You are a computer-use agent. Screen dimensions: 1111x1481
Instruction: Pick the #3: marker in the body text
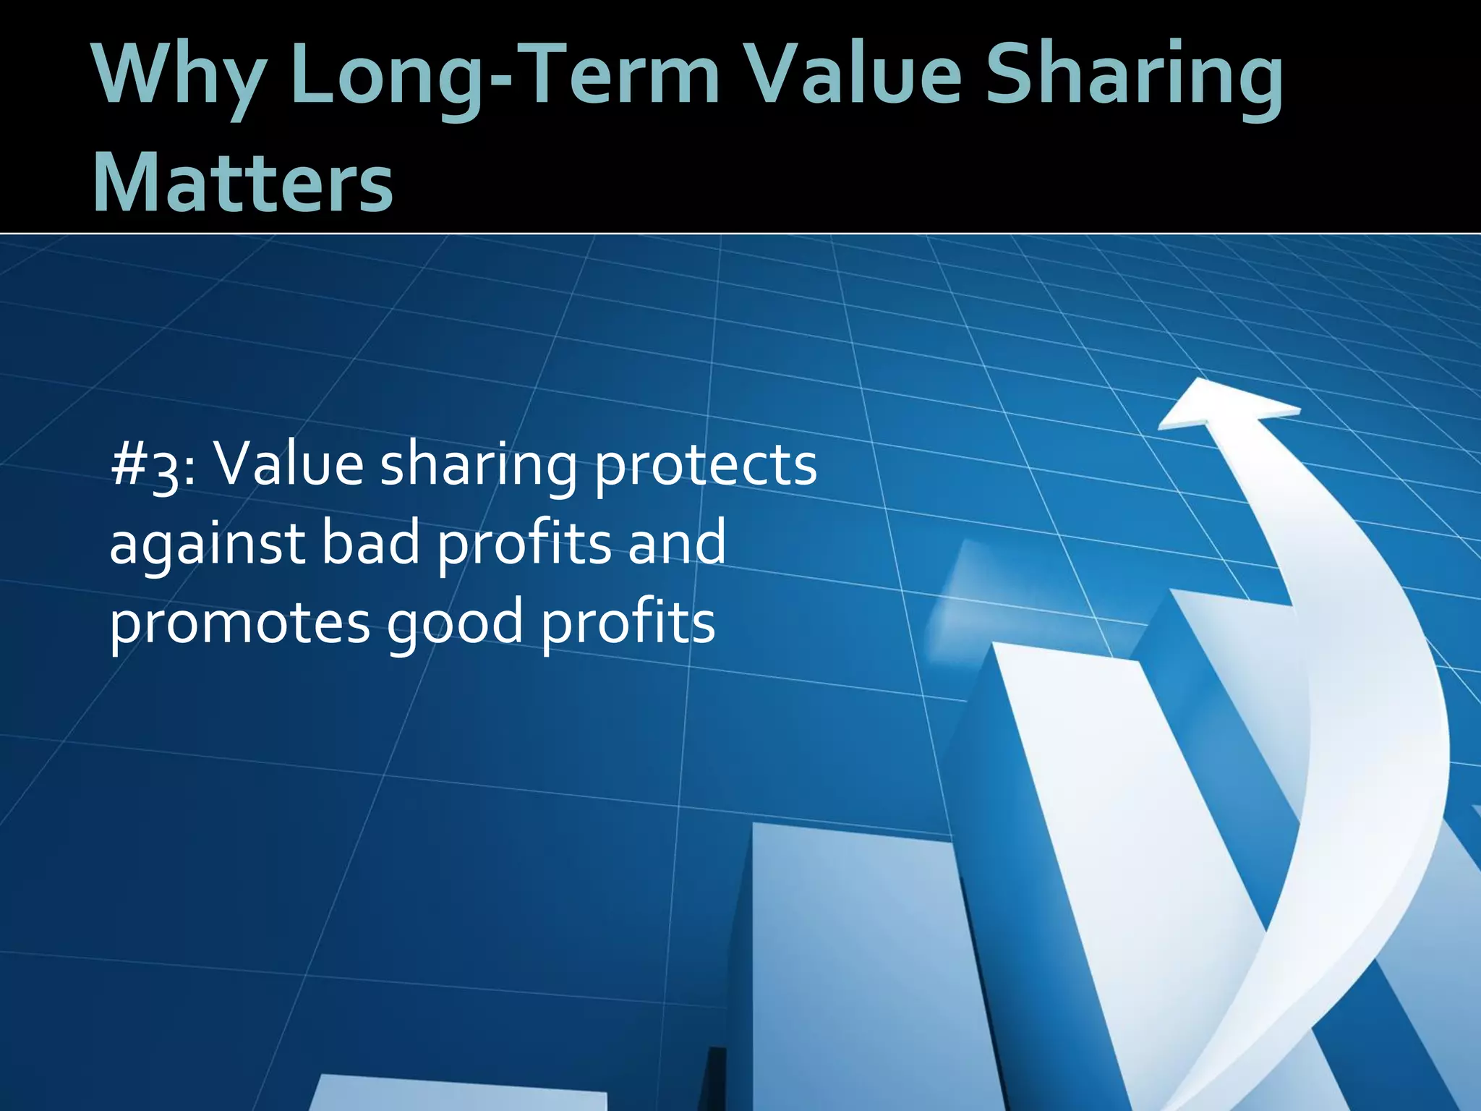coord(153,467)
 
